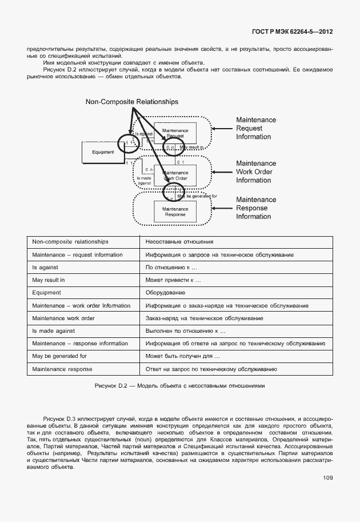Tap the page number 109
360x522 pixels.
click(x=327, y=478)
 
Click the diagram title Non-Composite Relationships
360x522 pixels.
click(x=131, y=102)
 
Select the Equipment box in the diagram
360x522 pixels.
click(x=103, y=152)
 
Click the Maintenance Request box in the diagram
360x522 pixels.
click(x=175, y=133)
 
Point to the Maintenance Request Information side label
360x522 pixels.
click(x=256, y=129)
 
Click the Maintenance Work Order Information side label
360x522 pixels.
click(x=256, y=172)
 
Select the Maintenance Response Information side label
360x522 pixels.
click(x=256, y=208)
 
